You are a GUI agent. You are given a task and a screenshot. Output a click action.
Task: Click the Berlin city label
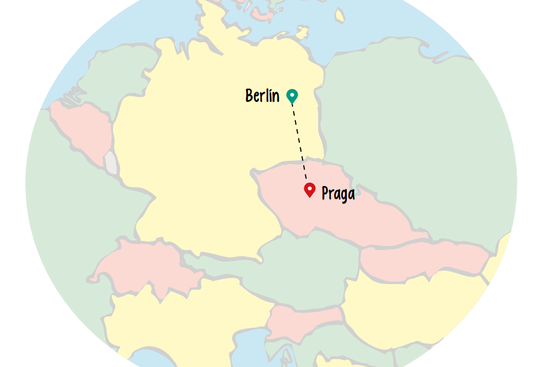tap(262, 96)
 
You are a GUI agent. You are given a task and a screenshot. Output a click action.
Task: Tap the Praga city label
tap(338, 194)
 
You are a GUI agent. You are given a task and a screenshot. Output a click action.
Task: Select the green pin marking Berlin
tap(291, 96)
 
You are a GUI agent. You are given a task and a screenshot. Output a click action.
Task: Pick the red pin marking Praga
tap(309, 189)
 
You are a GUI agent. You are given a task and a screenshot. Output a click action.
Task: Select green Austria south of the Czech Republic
tap(302, 269)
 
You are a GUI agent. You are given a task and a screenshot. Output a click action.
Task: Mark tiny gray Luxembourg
tap(111, 162)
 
